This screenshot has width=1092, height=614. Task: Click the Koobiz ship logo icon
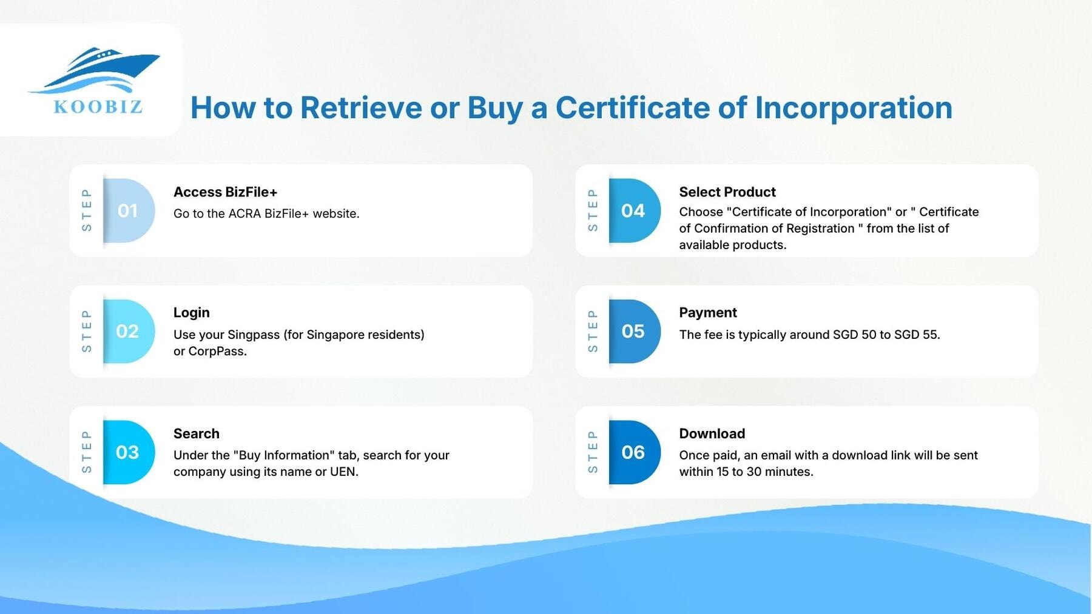pyautogui.click(x=97, y=70)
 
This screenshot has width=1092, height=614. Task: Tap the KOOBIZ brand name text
pyautogui.click(x=98, y=107)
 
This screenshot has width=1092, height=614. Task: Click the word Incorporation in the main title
pyautogui.click(x=853, y=108)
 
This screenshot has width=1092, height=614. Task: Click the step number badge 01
pyautogui.click(x=127, y=211)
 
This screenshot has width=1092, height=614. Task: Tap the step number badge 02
pyautogui.click(x=127, y=332)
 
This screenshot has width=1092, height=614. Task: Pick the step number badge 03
pyautogui.click(x=127, y=452)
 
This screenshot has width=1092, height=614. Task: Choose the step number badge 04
pyautogui.click(x=633, y=211)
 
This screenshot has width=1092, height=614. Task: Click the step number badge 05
pyautogui.click(x=633, y=332)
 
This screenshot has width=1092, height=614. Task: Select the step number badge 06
pyautogui.click(x=633, y=452)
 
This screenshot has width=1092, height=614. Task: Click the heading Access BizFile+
pyautogui.click(x=225, y=192)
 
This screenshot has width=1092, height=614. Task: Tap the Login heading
pyautogui.click(x=191, y=313)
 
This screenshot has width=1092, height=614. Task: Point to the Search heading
pyautogui.click(x=196, y=433)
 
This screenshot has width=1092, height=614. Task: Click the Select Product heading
pyautogui.click(x=727, y=192)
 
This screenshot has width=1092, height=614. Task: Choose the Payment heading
pyautogui.click(x=707, y=313)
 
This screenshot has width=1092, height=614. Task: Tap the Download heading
pyautogui.click(x=712, y=433)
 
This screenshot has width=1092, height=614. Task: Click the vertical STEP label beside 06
pyautogui.click(x=593, y=452)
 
